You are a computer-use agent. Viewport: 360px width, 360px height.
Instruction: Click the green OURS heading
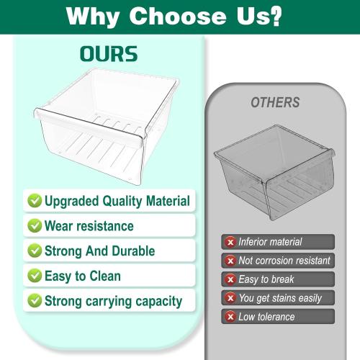(x=109, y=55)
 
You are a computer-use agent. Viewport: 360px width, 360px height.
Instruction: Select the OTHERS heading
(x=275, y=103)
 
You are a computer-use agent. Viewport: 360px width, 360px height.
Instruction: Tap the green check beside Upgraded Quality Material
(x=34, y=201)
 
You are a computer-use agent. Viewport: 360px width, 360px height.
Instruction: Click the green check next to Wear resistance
(x=34, y=225)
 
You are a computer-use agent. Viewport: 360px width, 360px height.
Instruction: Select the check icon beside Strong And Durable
(x=34, y=251)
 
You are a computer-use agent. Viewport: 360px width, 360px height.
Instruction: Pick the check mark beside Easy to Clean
(x=34, y=276)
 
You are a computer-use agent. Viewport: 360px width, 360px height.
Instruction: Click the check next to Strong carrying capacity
(x=34, y=301)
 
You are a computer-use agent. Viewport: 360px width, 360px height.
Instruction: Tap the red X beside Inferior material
(x=230, y=242)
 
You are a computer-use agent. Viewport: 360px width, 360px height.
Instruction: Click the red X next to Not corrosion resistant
(x=230, y=261)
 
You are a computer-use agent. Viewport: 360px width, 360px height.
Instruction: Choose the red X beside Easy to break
(x=230, y=279)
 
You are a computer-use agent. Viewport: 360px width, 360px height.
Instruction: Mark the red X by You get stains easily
(x=230, y=298)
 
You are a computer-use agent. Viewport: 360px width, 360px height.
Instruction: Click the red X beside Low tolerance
(x=230, y=317)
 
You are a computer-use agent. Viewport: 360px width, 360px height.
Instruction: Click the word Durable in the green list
(x=133, y=251)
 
